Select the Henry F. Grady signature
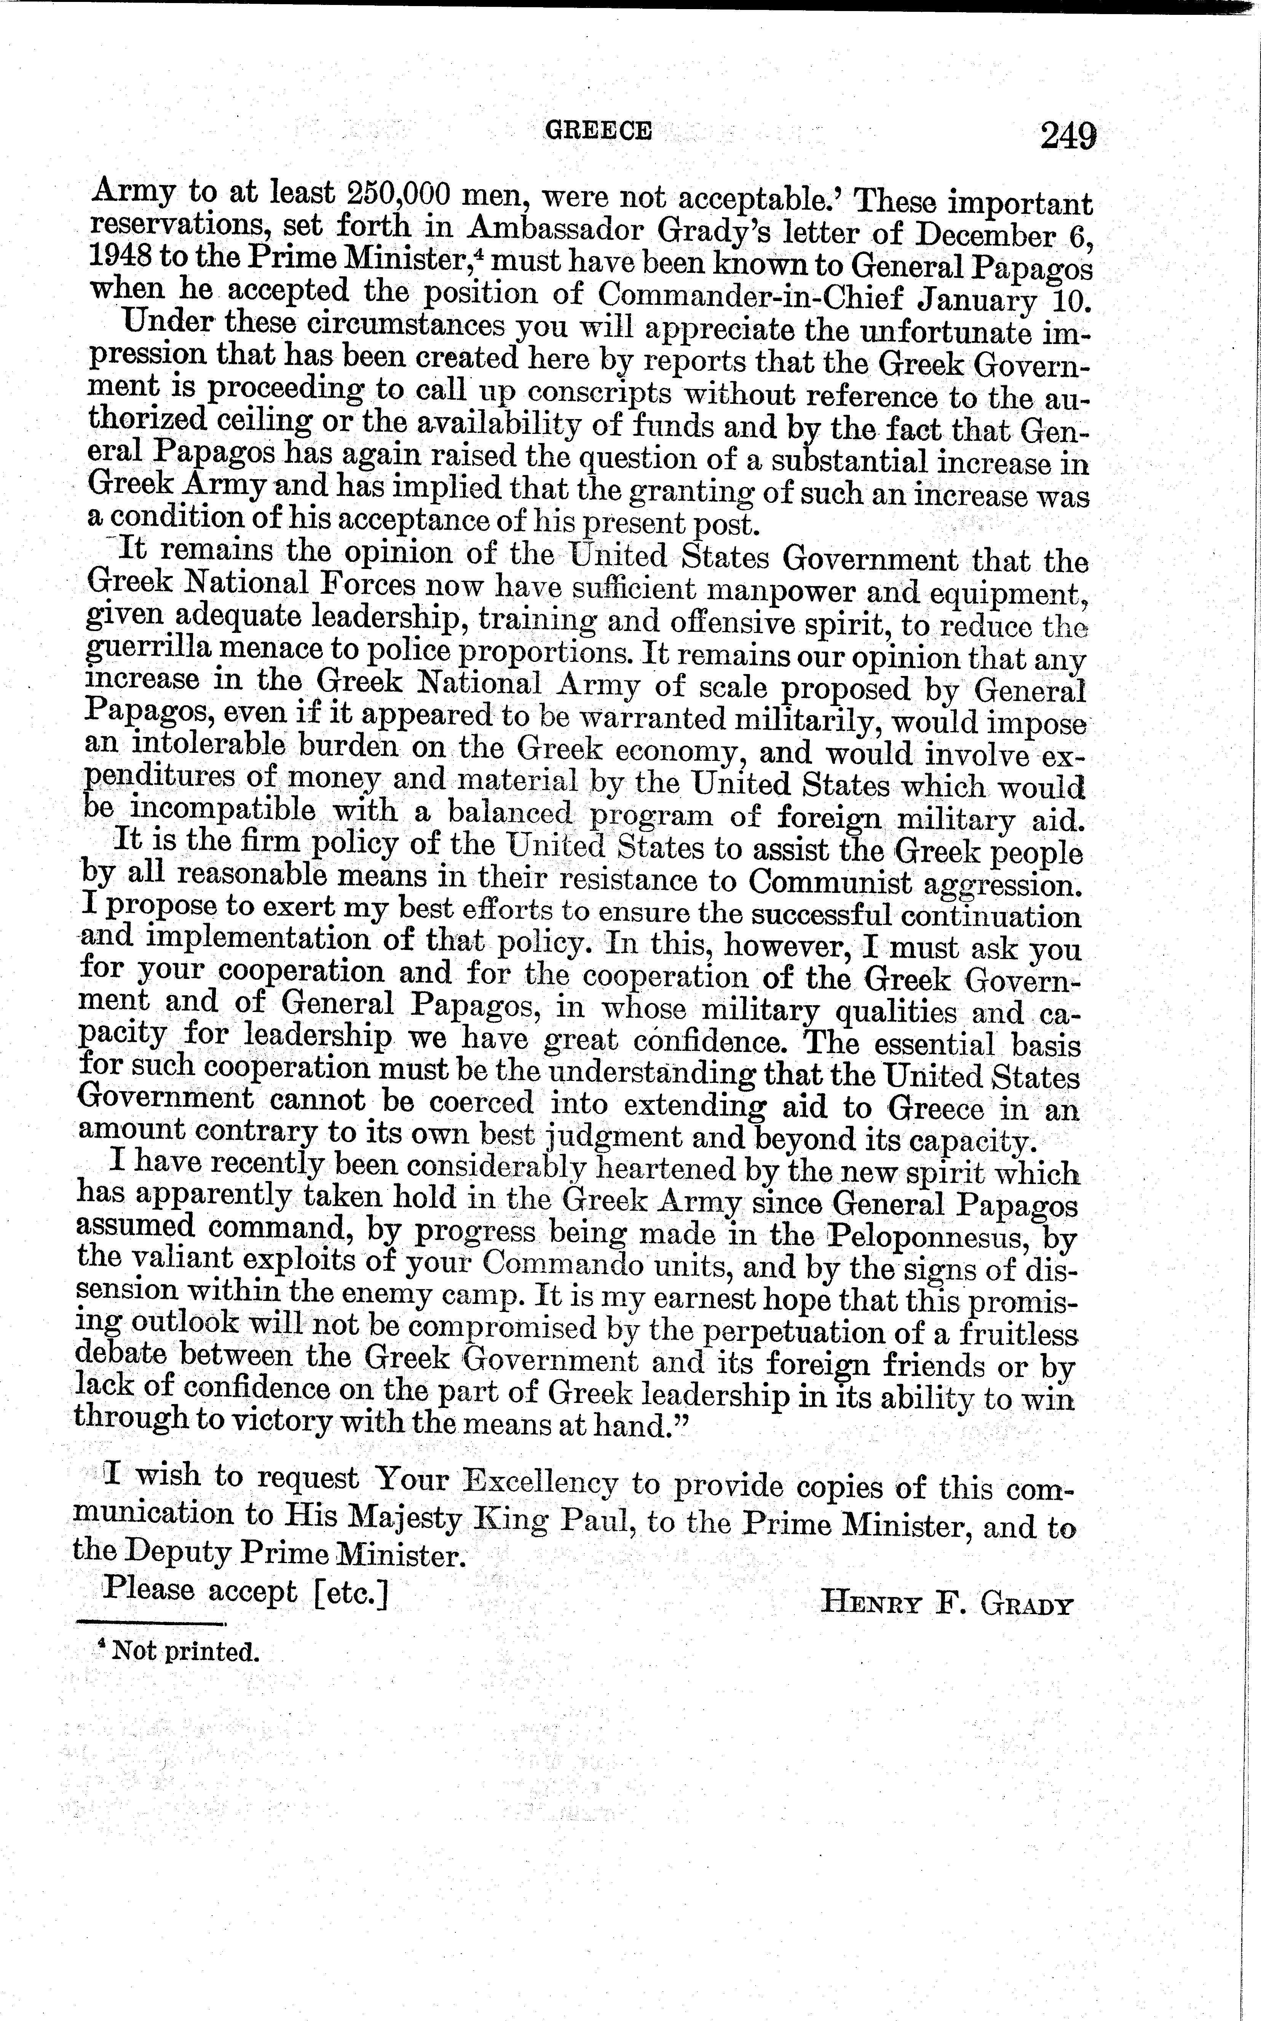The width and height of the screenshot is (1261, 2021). [x=946, y=1601]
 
